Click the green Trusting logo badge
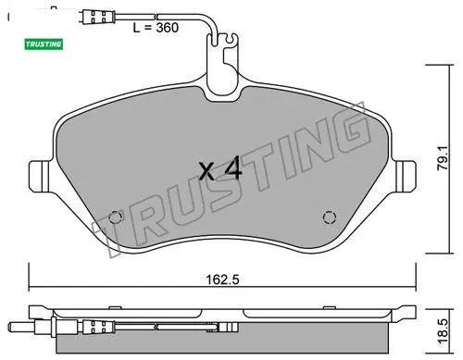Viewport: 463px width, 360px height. pyautogui.click(x=44, y=44)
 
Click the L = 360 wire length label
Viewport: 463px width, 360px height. pyautogui.click(x=156, y=28)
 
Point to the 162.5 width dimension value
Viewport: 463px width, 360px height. pyautogui.click(x=222, y=279)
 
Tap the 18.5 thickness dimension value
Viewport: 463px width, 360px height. pyautogui.click(x=443, y=331)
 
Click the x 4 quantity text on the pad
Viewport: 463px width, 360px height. pyautogui.click(x=220, y=168)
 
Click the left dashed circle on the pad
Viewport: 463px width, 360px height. pyautogui.click(x=115, y=217)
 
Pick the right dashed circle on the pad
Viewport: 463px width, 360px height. pyautogui.click(x=329, y=217)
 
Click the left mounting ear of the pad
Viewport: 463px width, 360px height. pyautogui.click(x=39, y=177)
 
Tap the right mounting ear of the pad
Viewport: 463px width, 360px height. pyautogui.click(x=406, y=177)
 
